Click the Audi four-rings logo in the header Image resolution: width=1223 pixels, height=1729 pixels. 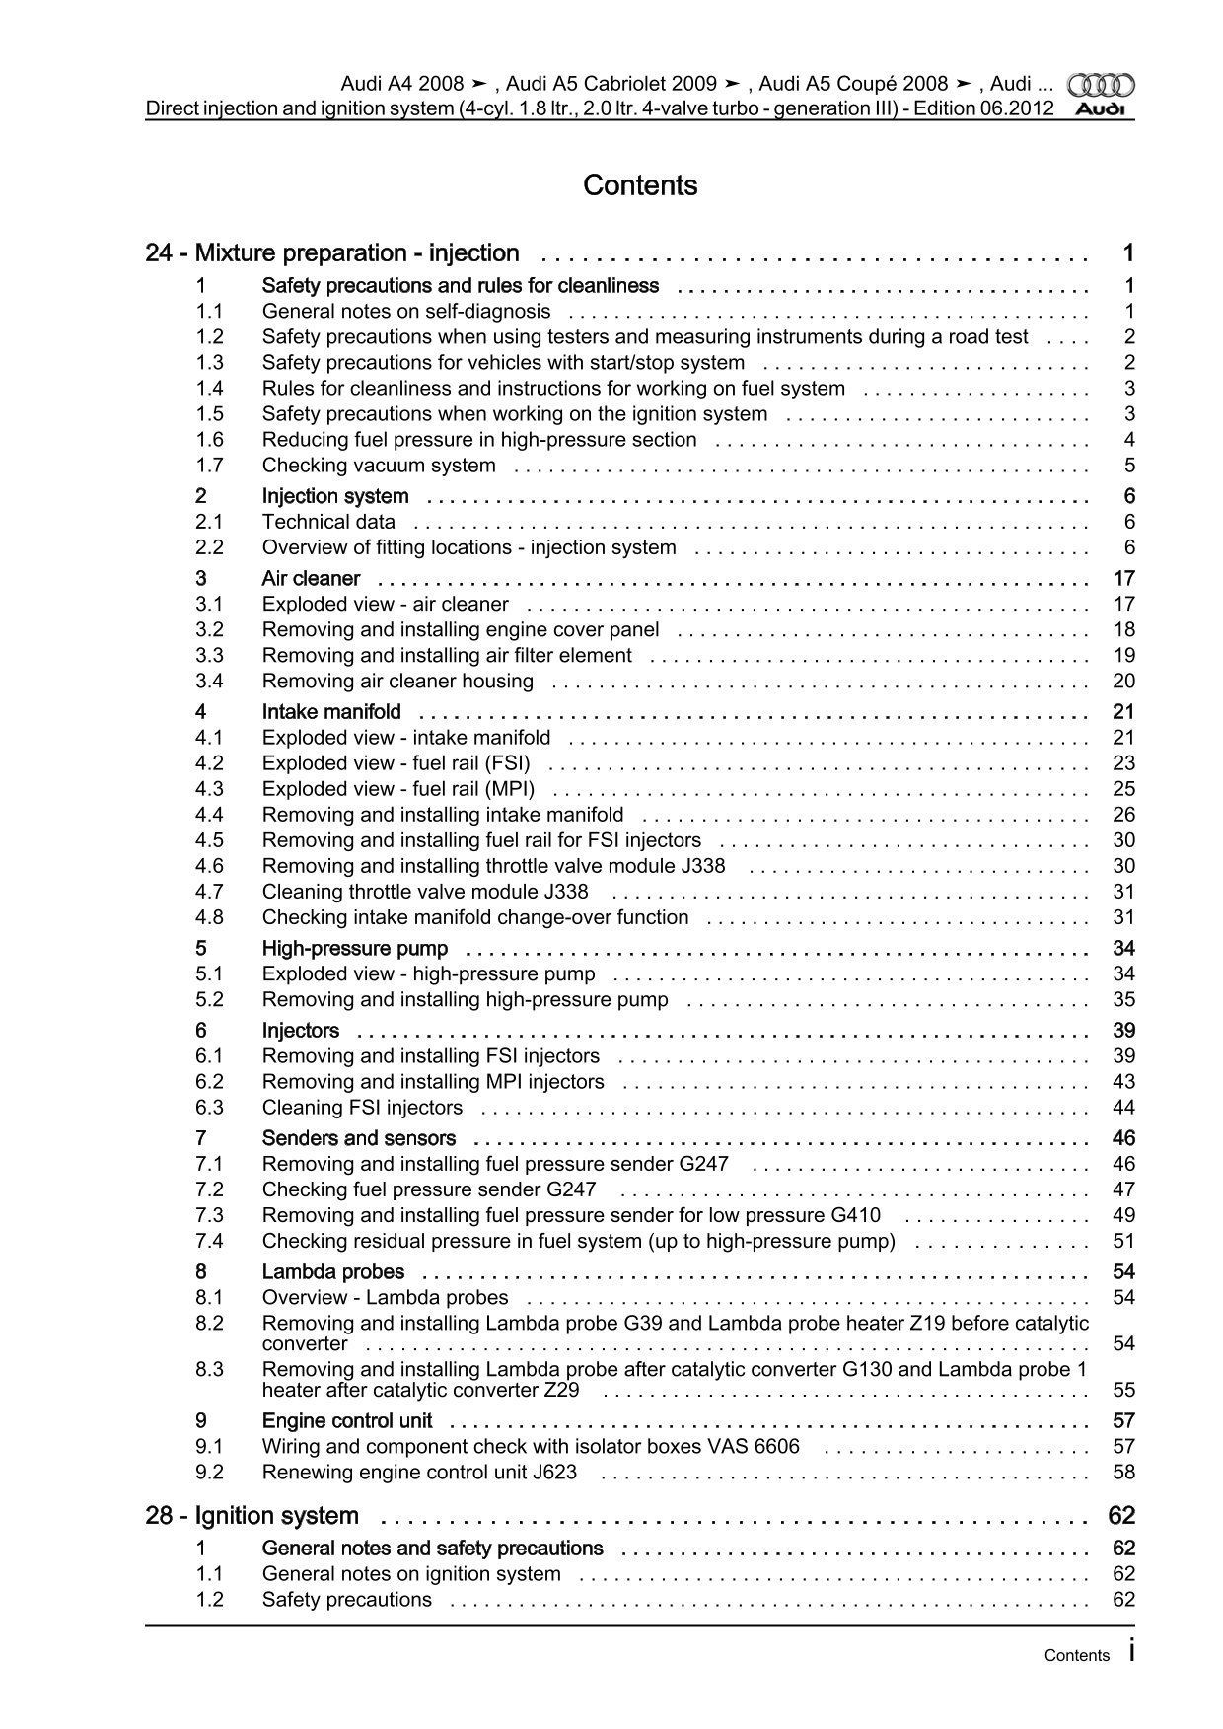pos(1102,85)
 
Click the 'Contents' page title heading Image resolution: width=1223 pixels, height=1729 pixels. pos(640,185)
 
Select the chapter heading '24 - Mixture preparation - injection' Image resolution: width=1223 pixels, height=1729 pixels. pos(332,253)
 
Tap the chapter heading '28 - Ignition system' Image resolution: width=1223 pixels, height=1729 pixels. pos(252,1515)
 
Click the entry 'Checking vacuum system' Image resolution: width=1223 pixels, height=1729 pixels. pos(379,466)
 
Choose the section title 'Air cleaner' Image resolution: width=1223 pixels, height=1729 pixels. pos(311,578)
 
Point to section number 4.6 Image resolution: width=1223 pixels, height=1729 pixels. pos(209,866)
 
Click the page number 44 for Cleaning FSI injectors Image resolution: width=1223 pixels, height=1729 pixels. pos(1123,1107)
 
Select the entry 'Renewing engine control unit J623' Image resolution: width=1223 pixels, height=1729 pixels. pos(419,1472)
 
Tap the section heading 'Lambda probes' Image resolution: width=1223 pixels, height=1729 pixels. pos(333,1271)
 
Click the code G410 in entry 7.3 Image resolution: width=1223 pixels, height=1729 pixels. pos(856,1215)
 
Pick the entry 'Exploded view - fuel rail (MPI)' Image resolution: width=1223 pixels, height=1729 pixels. pos(398,789)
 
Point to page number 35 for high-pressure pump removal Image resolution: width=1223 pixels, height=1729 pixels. pos(1123,999)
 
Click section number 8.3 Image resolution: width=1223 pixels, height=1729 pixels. pos(209,1369)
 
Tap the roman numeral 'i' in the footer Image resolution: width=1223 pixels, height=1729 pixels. pos(1130,1651)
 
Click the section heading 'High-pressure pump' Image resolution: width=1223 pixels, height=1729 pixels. pos(355,948)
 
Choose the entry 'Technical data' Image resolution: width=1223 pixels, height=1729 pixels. pos(328,522)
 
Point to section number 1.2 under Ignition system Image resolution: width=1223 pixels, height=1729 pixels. pos(209,1599)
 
